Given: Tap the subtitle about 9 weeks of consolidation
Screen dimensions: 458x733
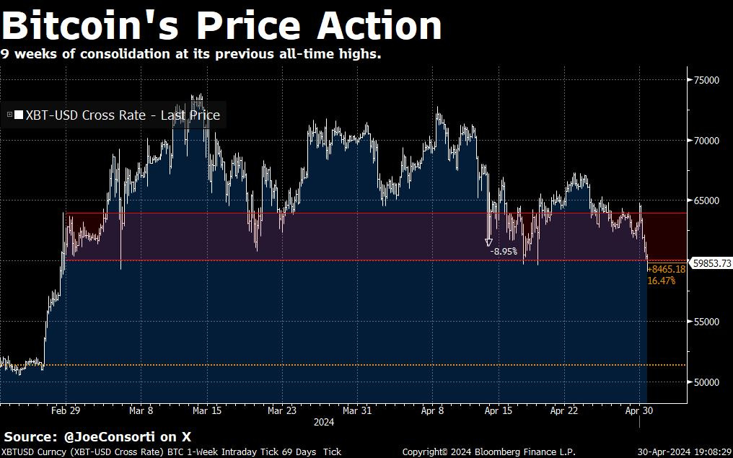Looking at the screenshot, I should click(x=190, y=54).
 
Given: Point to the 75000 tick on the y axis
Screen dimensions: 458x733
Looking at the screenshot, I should click(x=706, y=80).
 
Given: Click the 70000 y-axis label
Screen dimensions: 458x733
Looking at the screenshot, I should click(x=706, y=141).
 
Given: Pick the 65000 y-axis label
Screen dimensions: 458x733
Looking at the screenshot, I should click(x=706, y=201).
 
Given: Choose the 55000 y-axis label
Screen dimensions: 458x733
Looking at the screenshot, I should click(x=706, y=322).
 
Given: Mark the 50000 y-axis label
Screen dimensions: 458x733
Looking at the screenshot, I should click(x=706, y=382).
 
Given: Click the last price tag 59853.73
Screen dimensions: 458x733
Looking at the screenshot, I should click(x=711, y=264).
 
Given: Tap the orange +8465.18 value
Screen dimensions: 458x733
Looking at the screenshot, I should click(x=666, y=269).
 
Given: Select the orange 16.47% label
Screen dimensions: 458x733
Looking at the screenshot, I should click(x=662, y=281).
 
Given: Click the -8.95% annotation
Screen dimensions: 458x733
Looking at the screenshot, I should click(x=504, y=252).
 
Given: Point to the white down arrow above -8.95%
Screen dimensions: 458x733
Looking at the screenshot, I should click(x=488, y=242).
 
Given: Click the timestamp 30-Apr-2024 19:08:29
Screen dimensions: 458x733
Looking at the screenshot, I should click(x=682, y=452).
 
